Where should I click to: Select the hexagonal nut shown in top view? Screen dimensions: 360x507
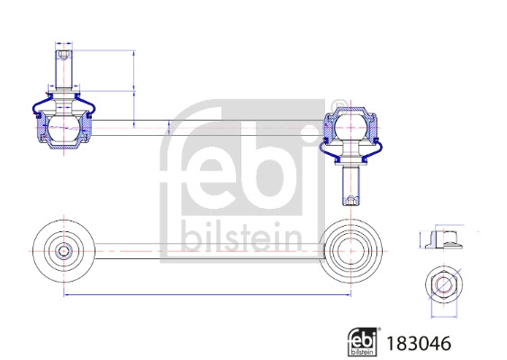(442, 286)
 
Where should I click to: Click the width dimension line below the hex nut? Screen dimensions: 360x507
(442, 316)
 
